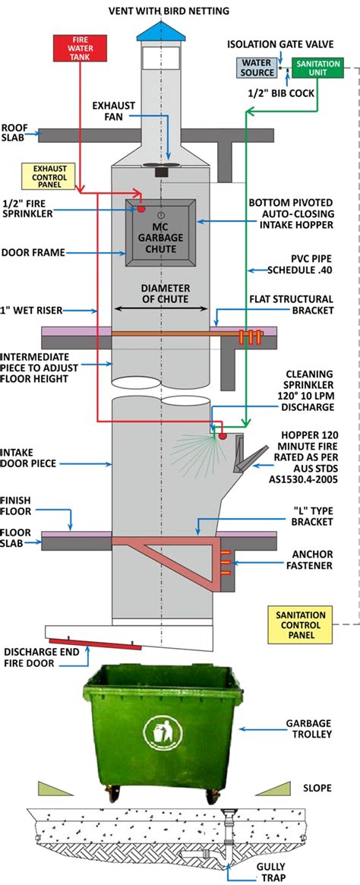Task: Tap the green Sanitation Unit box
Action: pos(317,68)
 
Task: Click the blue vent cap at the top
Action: pos(160,29)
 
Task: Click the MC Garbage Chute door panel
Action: pos(161,232)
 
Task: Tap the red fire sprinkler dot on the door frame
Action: pos(141,208)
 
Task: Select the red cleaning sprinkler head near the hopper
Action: pos(222,436)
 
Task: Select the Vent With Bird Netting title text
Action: pos(179,11)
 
